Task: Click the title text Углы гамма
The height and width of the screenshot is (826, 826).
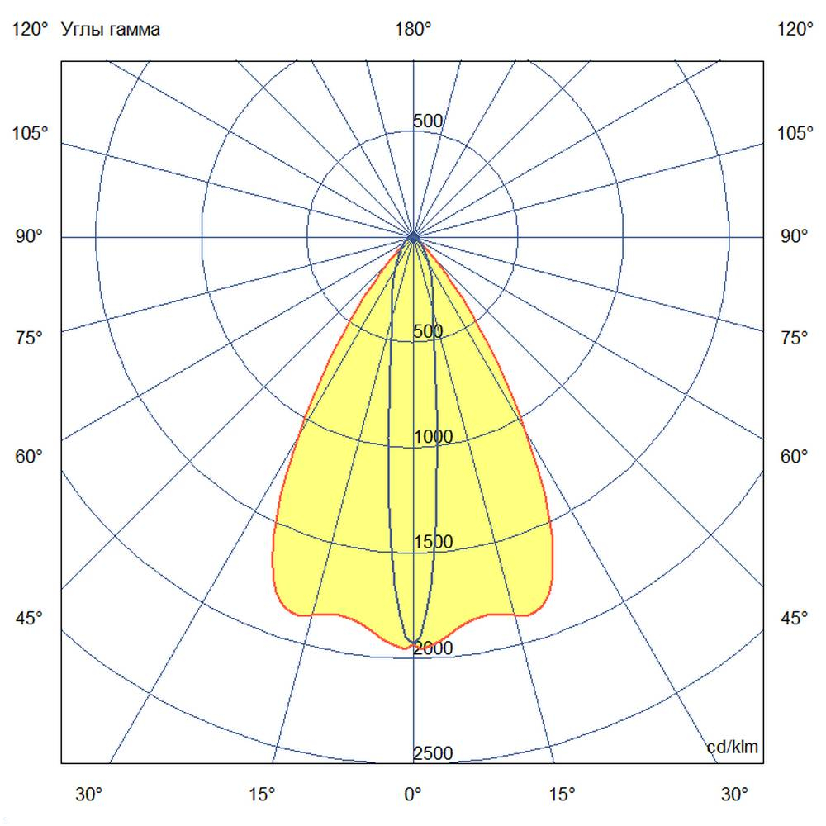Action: [111, 30]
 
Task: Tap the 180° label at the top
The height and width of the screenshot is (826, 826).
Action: [413, 30]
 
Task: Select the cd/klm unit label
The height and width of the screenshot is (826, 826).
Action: [733, 748]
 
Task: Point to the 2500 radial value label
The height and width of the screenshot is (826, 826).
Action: [434, 753]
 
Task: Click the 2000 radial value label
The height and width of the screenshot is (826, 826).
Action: [434, 648]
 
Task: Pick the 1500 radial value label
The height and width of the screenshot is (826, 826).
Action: [434, 542]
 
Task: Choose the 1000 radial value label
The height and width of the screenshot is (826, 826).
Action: [434, 437]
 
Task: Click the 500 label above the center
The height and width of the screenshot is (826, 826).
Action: [428, 121]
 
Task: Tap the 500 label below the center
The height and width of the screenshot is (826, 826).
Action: [428, 331]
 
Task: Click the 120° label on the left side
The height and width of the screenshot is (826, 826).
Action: [31, 30]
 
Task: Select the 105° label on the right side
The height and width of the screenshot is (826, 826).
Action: [795, 133]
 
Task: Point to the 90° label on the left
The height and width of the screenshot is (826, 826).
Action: [31, 237]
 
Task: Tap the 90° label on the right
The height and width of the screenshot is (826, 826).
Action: [795, 237]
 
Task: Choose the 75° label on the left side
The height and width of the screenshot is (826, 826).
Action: [31, 337]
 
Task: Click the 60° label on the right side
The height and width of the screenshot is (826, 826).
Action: [795, 456]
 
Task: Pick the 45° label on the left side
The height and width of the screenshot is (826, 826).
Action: [31, 618]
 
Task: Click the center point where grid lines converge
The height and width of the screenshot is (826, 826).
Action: [413, 237]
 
